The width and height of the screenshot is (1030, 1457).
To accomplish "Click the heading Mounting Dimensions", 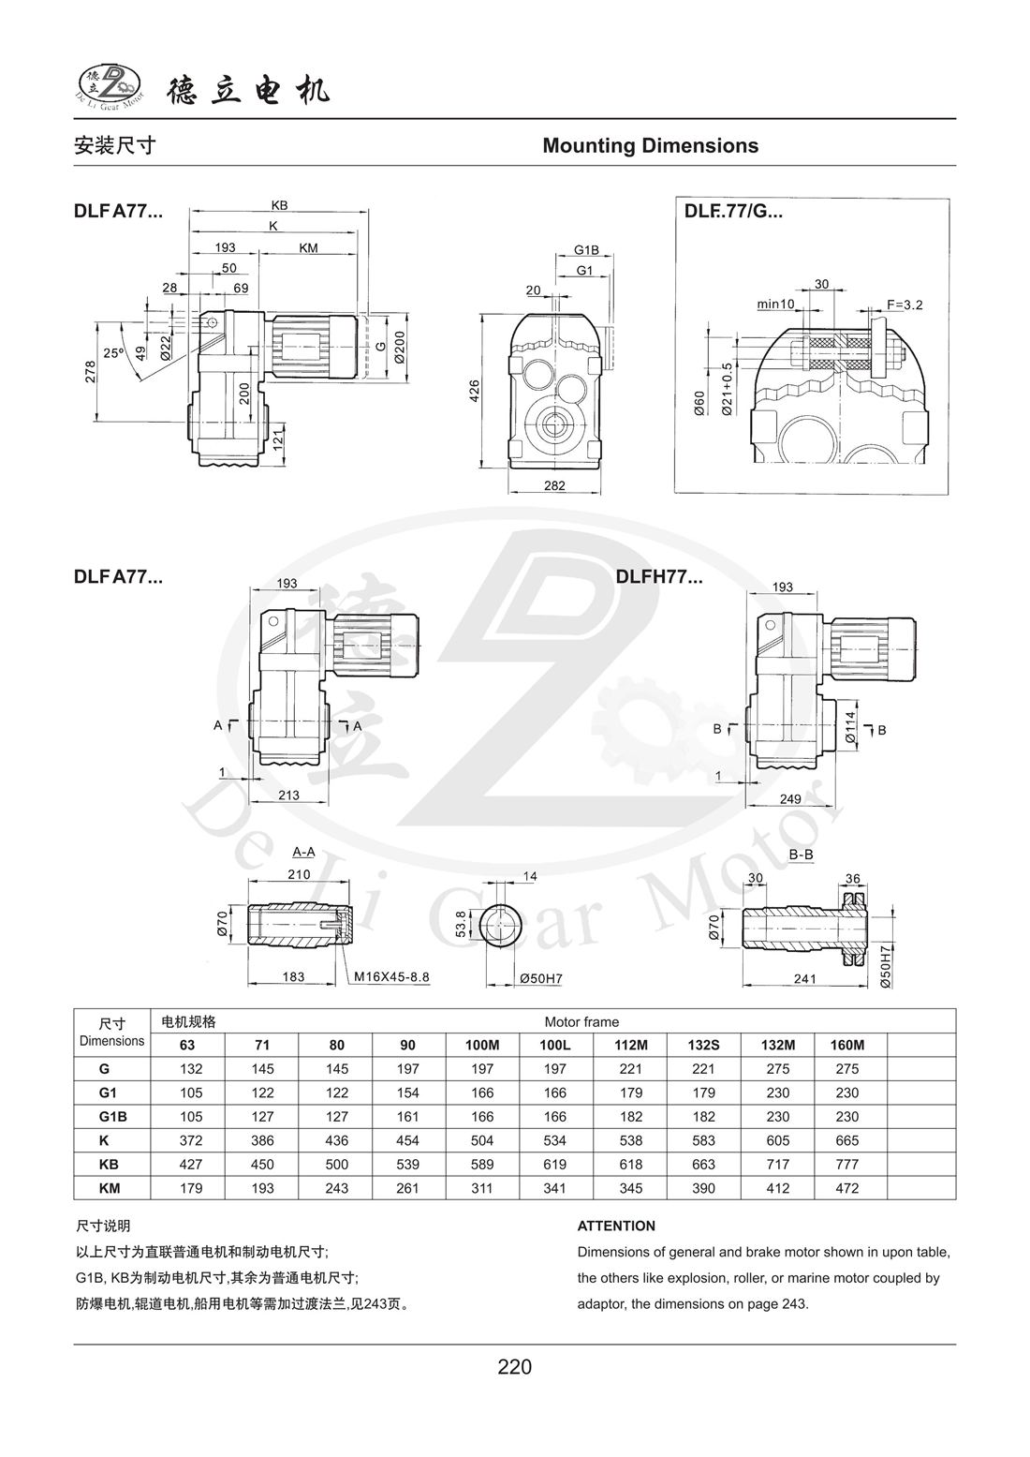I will (x=650, y=146).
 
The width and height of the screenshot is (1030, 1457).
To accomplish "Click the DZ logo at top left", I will (x=109, y=87).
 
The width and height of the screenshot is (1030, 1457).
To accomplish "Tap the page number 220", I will (x=514, y=1367).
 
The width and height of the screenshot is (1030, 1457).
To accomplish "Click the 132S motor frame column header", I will (x=703, y=1045).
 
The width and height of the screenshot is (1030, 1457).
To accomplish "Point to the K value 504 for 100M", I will (x=483, y=1140).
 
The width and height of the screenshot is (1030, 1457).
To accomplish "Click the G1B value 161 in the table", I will (x=409, y=1116).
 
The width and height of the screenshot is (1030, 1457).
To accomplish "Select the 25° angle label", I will (x=113, y=354).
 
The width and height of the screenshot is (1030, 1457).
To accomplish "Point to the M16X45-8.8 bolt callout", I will (x=390, y=976).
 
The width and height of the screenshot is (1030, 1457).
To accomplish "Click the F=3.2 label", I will (x=905, y=305).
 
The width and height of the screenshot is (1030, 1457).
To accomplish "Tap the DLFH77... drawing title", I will (x=659, y=577).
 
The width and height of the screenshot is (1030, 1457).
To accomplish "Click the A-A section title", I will (x=303, y=852).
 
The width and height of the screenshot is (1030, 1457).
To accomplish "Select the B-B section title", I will (x=801, y=855).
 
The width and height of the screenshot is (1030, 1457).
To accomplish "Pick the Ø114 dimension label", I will (x=849, y=727).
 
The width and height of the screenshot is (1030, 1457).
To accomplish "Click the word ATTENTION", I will (x=616, y=1226).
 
